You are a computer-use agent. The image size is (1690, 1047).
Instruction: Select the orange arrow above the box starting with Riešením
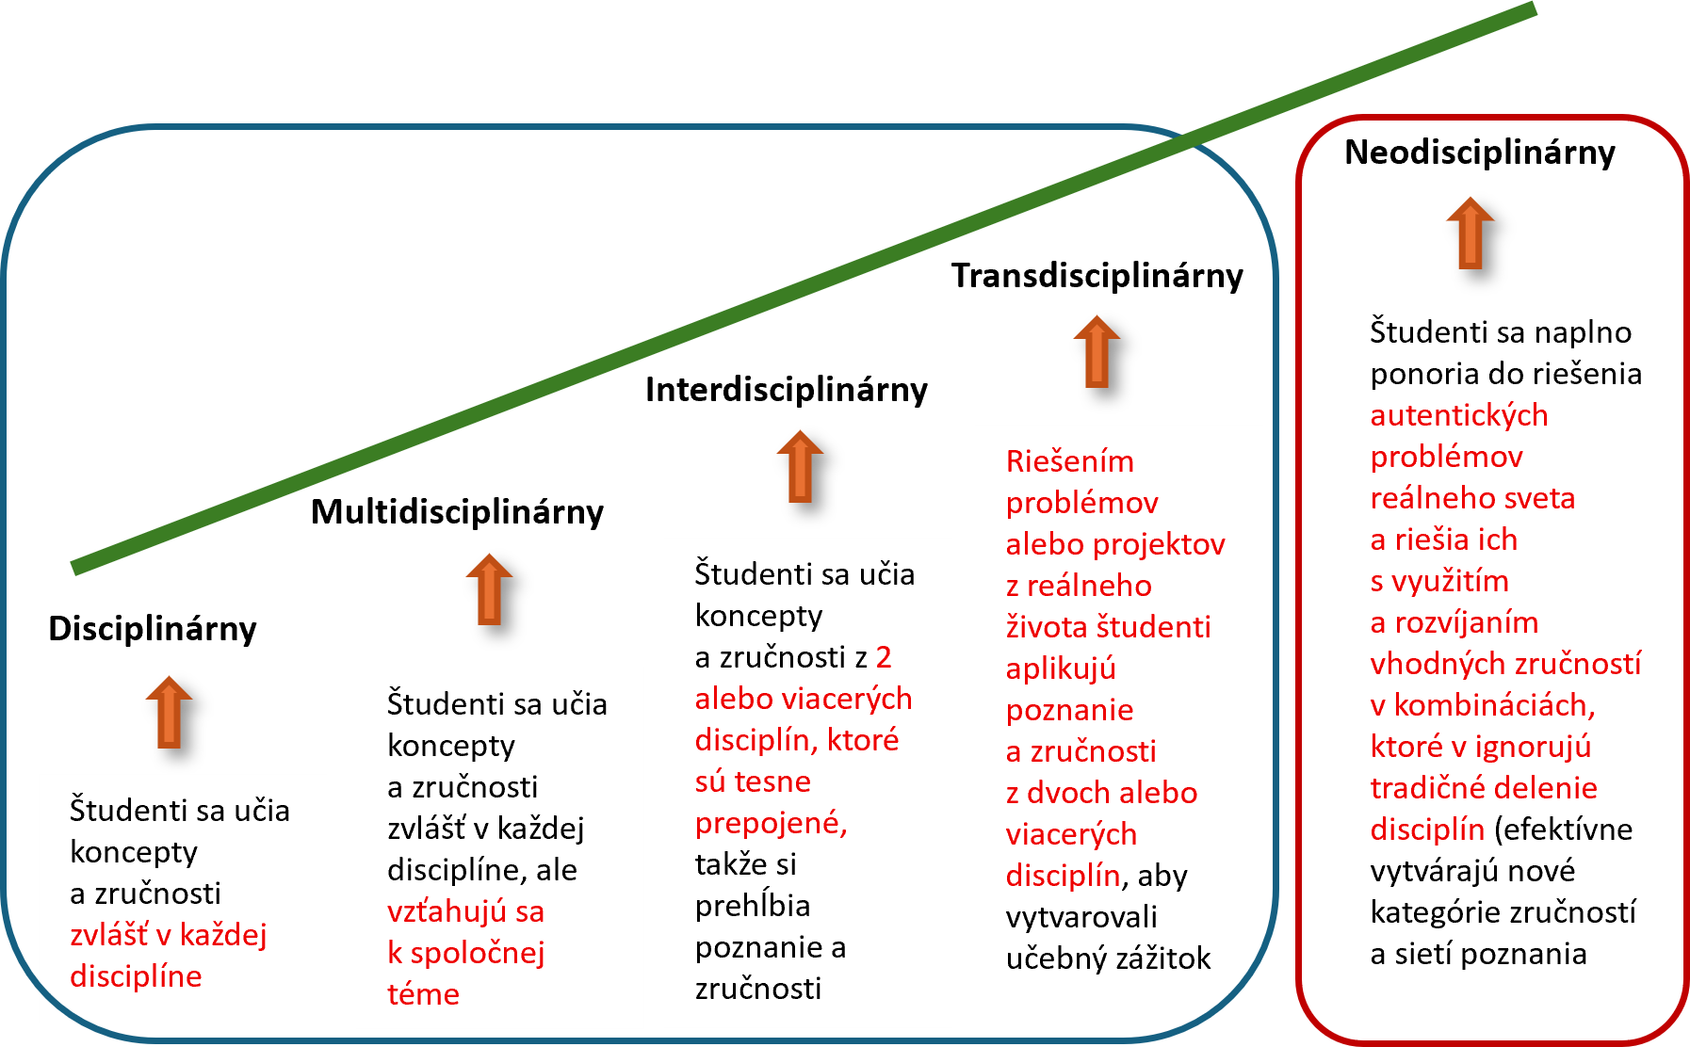[x=1097, y=351]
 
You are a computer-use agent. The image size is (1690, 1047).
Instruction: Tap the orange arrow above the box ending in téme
[x=489, y=589]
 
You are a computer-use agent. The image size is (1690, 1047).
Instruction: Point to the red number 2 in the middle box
[x=883, y=657]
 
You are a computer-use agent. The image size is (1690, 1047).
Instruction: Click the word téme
[x=423, y=994]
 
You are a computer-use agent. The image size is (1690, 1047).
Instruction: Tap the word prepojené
[x=771, y=823]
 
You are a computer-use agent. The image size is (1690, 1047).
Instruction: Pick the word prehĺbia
[x=752, y=906]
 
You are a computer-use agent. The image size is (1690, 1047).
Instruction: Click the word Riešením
[x=1069, y=461]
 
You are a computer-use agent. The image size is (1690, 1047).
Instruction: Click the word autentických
[x=1458, y=415]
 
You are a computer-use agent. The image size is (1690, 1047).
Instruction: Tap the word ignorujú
[x=1533, y=747]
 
